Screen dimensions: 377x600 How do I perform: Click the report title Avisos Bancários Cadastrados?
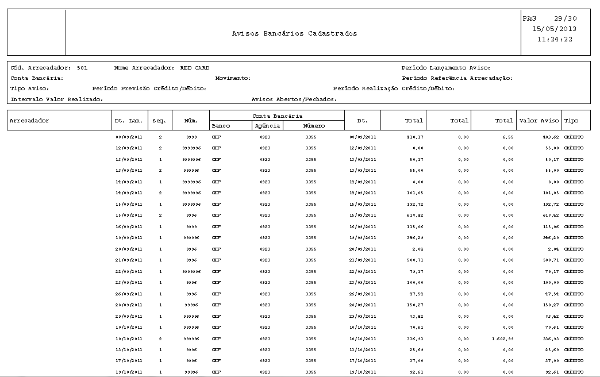click(294, 33)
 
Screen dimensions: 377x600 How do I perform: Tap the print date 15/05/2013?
click(555, 29)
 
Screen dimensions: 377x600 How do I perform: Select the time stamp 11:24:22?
click(555, 39)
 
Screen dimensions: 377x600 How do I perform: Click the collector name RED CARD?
click(195, 68)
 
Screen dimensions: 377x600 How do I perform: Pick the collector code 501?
click(82, 68)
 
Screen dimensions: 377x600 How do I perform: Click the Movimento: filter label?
click(233, 78)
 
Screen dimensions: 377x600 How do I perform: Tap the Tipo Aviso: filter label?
click(29, 89)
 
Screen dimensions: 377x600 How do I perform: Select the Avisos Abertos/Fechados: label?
click(294, 99)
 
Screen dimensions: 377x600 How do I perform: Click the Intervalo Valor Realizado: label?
click(56, 99)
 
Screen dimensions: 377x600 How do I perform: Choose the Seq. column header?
click(159, 121)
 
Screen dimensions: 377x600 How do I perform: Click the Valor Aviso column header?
click(539, 121)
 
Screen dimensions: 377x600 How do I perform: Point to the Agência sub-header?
click(267, 126)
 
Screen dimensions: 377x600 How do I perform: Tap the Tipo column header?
click(572, 121)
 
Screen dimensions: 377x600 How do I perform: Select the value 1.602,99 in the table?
click(503, 338)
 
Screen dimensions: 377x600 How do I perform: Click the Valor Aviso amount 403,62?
click(549, 137)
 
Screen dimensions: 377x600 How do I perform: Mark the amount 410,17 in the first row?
click(414, 137)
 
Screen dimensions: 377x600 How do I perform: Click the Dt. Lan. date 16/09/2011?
click(128, 227)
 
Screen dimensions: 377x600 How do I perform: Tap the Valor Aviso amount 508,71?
click(549, 260)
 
